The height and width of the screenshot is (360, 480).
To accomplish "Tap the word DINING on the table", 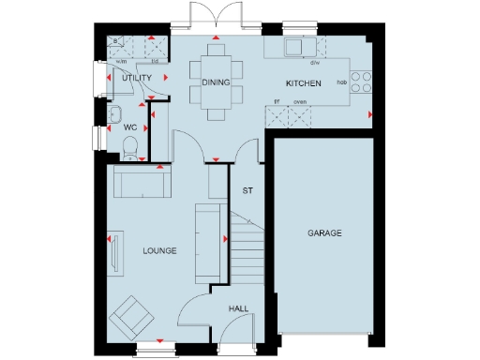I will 217,82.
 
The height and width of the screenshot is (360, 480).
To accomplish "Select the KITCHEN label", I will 303,83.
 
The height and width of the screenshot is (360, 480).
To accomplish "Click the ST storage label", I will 248,191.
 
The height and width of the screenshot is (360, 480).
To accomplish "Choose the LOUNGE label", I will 159,251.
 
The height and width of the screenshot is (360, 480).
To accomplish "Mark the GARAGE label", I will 324,232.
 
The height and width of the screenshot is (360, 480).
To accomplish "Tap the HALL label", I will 239,307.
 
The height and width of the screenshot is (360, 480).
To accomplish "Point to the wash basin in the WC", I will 113,115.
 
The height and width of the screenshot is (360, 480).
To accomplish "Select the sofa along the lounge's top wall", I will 141,181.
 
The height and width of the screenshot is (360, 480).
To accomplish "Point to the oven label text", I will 301,101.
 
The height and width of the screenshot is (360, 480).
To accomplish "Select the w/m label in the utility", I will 121,63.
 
